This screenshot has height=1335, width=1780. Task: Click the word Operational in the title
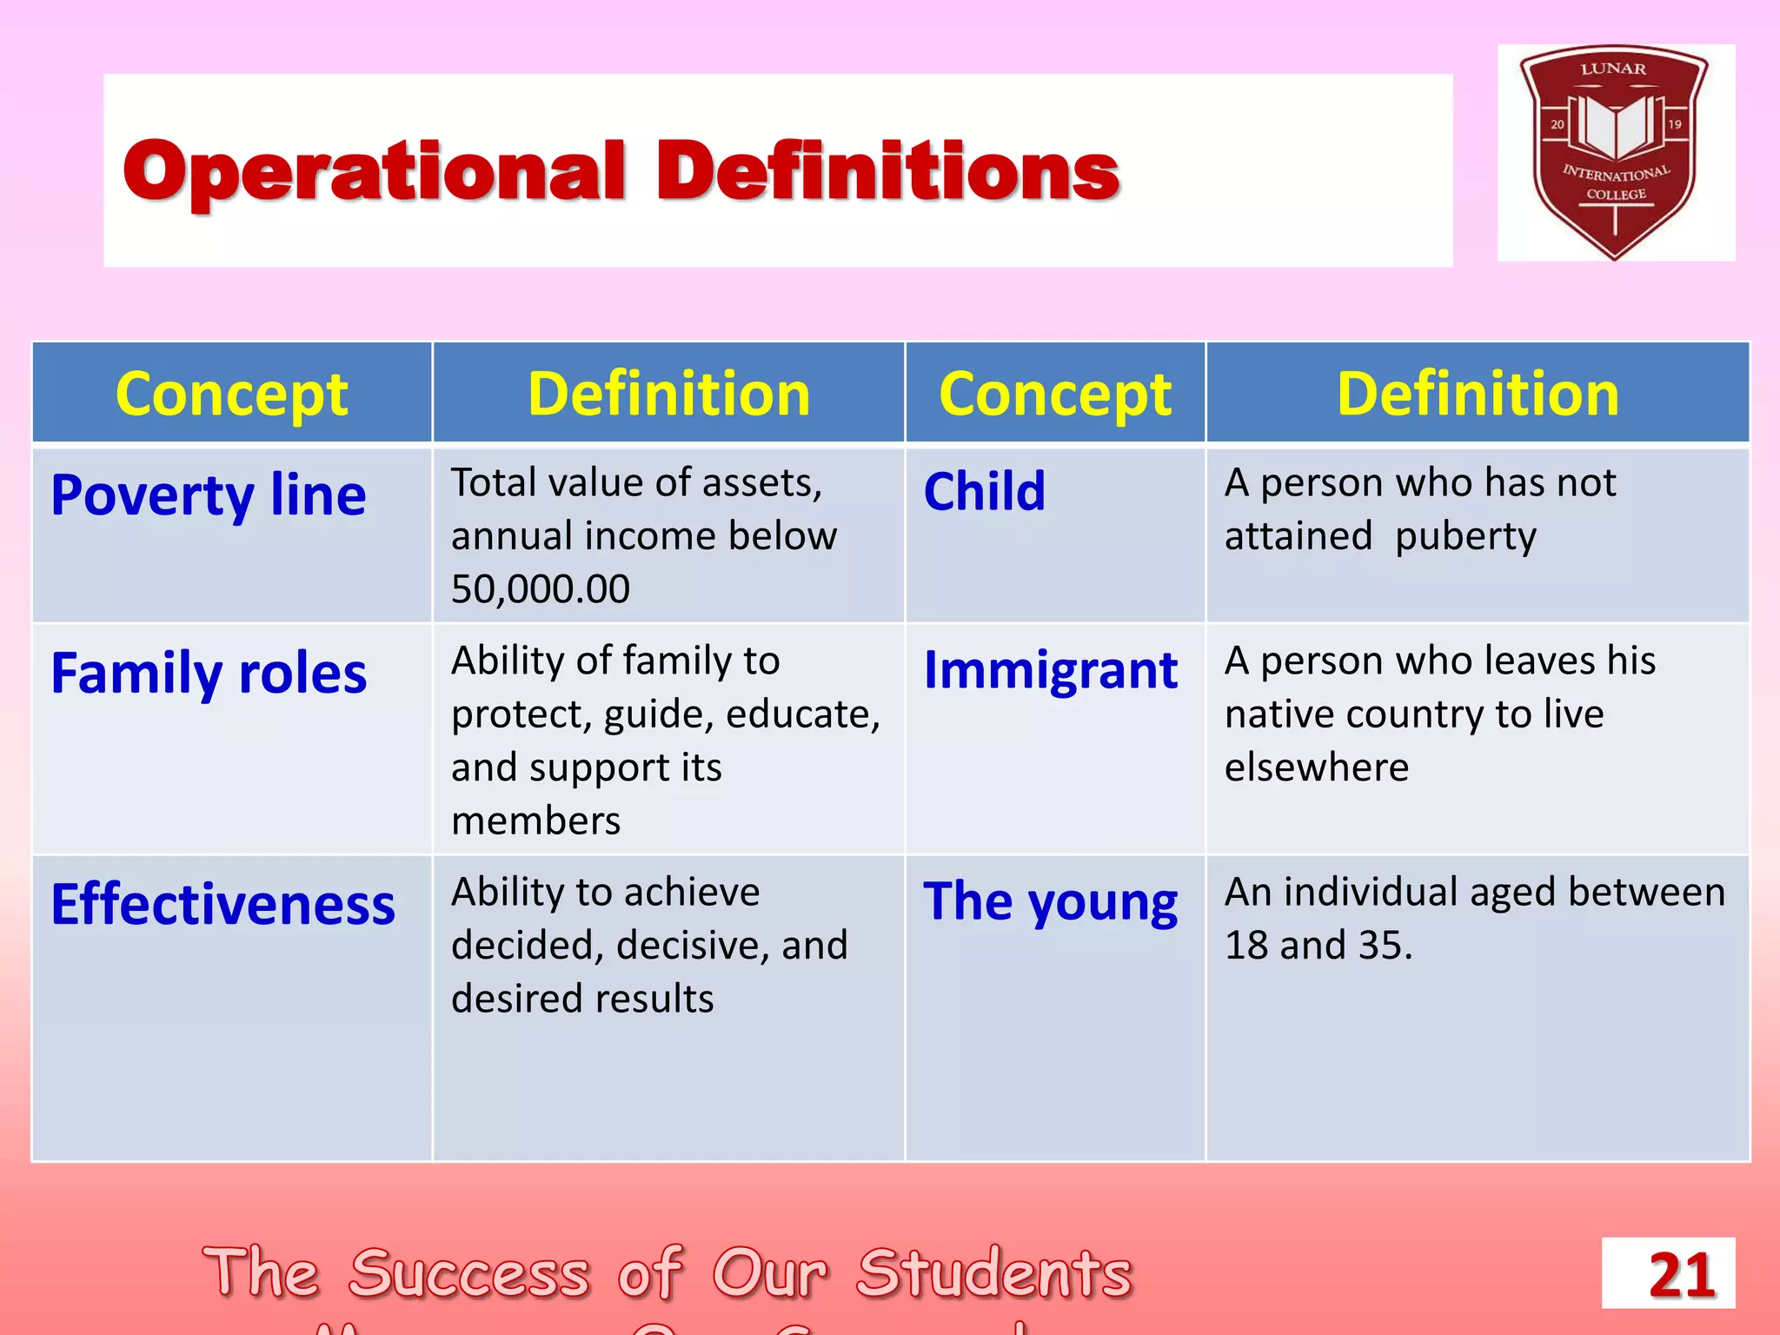[x=374, y=171]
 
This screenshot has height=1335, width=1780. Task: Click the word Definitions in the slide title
[x=887, y=171]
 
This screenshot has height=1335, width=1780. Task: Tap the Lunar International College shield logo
[x=1615, y=152]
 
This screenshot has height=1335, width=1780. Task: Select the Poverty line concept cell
[x=209, y=495]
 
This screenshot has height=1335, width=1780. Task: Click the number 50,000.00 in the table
[x=541, y=589]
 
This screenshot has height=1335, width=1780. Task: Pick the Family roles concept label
[x=209, y=674]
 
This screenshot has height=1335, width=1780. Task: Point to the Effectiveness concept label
[x=223, y=905]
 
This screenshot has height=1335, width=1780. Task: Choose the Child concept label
[x=984, y=491]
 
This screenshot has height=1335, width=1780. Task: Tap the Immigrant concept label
[x=1050, y=670]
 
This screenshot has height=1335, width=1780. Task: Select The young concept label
[x=1050, y=901]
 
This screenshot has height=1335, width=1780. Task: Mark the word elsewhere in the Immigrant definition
[x=1316, y=767]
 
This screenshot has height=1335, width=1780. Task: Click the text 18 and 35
[x=1318, y=946]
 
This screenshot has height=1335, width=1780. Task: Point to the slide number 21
[x=1681, y=1275]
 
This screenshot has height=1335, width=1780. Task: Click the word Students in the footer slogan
[x=994, y=1273]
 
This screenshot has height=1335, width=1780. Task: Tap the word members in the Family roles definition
[x=535, y=821]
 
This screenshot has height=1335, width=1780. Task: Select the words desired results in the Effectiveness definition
[x=582, y=999]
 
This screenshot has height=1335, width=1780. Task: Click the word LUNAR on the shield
[x=1613, y=69]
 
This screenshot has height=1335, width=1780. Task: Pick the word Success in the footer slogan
[x=469, y=1273]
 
